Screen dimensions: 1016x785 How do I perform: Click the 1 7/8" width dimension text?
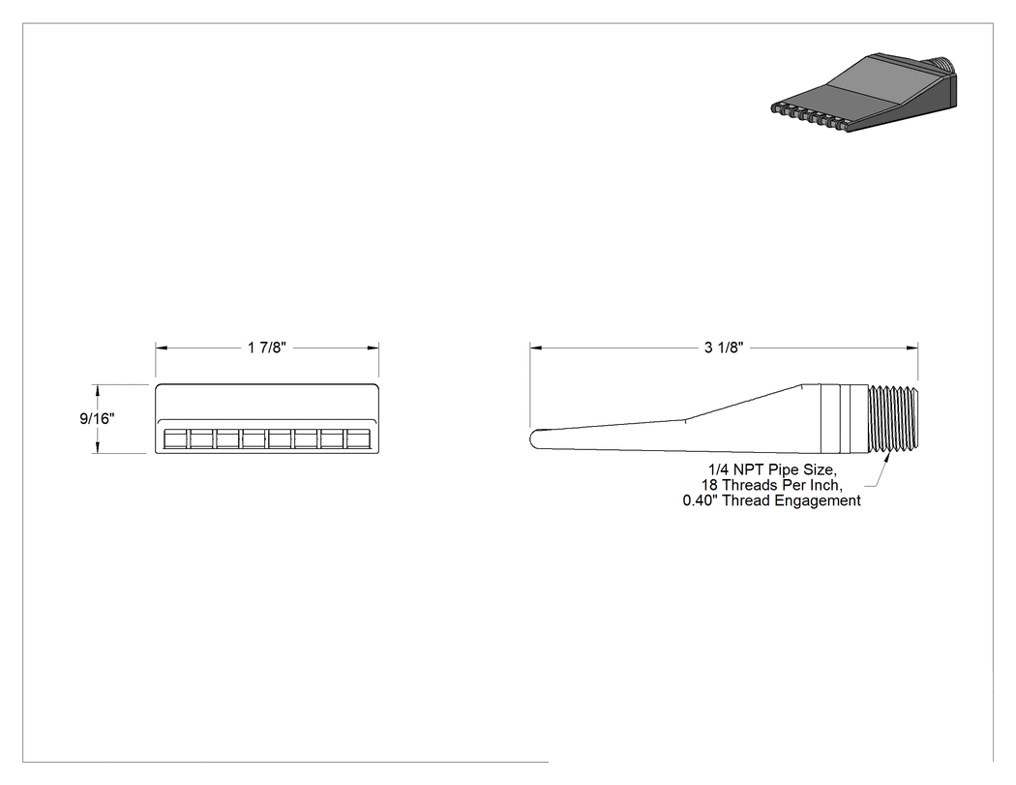pos(267,348)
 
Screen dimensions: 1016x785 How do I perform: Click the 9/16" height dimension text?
pos(97,419)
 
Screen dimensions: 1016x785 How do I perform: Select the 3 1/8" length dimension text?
pos(724,348)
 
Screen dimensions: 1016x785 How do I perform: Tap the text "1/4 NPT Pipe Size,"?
pos(772,469)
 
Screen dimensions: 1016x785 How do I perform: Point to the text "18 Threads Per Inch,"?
pos(772,485)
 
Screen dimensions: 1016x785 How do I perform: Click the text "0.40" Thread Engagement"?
pos(772,500)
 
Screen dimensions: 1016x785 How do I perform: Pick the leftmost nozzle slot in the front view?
pos(175,438)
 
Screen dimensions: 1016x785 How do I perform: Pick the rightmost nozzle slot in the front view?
pos(358,438)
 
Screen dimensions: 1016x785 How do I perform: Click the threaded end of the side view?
pos(893,419)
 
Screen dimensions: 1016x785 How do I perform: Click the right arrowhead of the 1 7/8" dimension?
pos(373,348)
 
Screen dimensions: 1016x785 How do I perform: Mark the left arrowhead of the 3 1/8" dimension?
pos(536,348)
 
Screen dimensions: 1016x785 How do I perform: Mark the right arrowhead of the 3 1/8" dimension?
pos(912,348)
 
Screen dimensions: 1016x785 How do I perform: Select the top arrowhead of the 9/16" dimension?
pos(98,390)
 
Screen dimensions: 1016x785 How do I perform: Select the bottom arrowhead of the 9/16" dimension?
pos(98,447)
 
